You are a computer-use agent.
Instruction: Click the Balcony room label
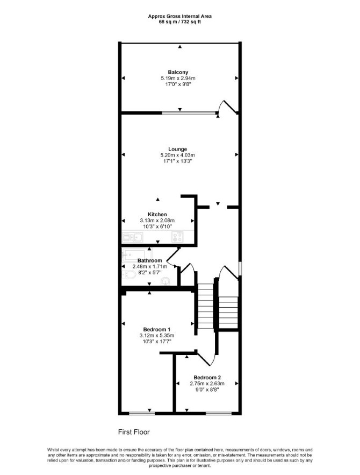tap(178, 72)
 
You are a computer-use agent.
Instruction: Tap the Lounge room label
tap(177, 149)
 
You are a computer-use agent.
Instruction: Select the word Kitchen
tap(157, 215)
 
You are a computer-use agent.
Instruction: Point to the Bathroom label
tap(149, 260)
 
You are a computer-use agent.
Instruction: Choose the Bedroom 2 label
tap(207, 378)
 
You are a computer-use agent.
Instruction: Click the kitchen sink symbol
tap(133, 237)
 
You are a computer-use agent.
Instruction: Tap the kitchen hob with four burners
tap(177, 237)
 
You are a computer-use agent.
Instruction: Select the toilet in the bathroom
tap(129, 275)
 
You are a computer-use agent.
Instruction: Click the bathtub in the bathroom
tap(136, 255)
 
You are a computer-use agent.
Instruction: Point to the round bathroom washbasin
tap(165, 281)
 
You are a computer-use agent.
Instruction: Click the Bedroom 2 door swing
tap(207, 358)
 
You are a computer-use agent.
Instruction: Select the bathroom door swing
tap(172, 258)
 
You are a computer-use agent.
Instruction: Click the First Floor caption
tap(134, 432)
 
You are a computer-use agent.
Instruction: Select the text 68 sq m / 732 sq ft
tap(180, 22)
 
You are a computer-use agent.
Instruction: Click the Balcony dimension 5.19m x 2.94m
tap(178, 78)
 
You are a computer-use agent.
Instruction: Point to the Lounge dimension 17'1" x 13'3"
tap(177, 161)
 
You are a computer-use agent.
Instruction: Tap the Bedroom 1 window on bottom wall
tap(142, 413)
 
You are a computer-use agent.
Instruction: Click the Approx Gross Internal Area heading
tap(179, 16)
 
